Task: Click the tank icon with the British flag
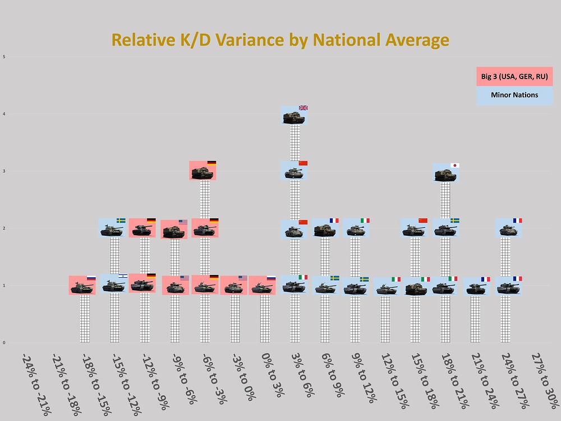pyautogui.click(x=294, y=116)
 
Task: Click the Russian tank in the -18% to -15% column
pyautogui.click(x=82, y=286)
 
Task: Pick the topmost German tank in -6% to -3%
pyautogui.click(x=203, y=171)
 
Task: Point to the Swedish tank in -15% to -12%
pyautogui.click(x=113, y=228)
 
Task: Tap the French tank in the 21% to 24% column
pyautogui.click(x=477, y=287)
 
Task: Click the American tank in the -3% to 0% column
pyautogui.click(x=234, y=286)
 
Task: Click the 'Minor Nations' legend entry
pyautogui.click(x=514, y=95)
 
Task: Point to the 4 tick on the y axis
pyautogui.click(x=4, y=115)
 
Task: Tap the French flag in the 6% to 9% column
pyautogui.click(x=334, y=221)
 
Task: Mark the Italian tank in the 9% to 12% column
pyautogui.click(x=356, y=228)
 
